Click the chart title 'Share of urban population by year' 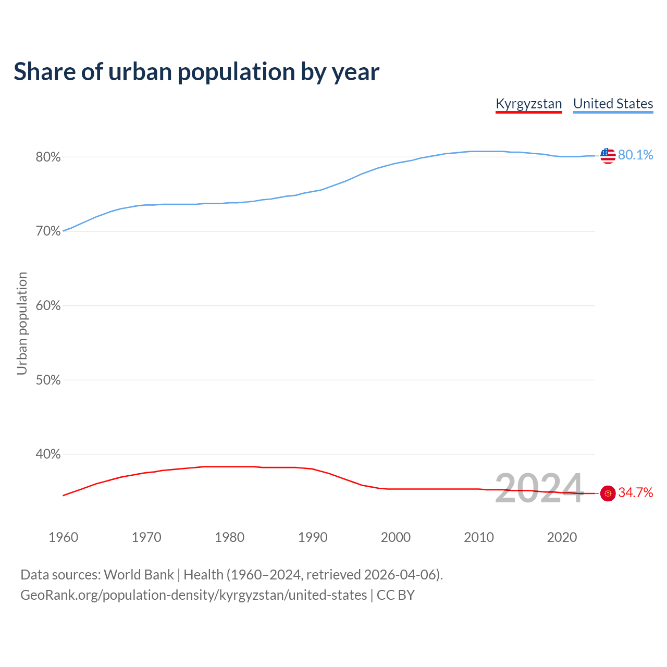point(196,72)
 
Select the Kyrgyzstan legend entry point(528,104)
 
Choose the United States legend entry point(613,104)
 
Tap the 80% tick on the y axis point(48,157)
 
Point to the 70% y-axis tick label point(48,231)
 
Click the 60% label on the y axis point(48,306)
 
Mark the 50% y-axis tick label point(48,380)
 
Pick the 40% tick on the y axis point(48,454)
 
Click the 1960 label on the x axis point(63,537)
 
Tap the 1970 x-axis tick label point(146,537)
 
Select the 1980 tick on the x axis point(229,537)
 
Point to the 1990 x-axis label point(313,537)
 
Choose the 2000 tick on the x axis point(396,537)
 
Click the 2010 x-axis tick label point(479,537)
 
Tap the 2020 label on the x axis point(562,537)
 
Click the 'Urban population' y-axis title point(22,323)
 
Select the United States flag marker point(608,155)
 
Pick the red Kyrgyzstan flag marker point(608,493)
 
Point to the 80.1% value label point(635,155)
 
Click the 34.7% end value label point(635,493)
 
